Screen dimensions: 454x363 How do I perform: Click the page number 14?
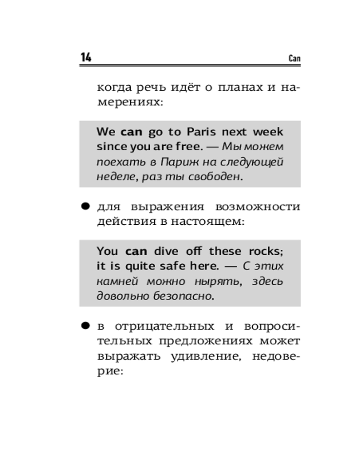86,58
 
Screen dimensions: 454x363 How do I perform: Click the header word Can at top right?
294,59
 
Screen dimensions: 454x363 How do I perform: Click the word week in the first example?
268,132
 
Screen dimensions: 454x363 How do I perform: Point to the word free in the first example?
186,147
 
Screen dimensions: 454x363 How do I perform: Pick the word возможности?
258,207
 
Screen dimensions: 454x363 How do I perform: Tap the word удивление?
203,356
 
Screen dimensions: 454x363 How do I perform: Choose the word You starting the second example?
107,251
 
